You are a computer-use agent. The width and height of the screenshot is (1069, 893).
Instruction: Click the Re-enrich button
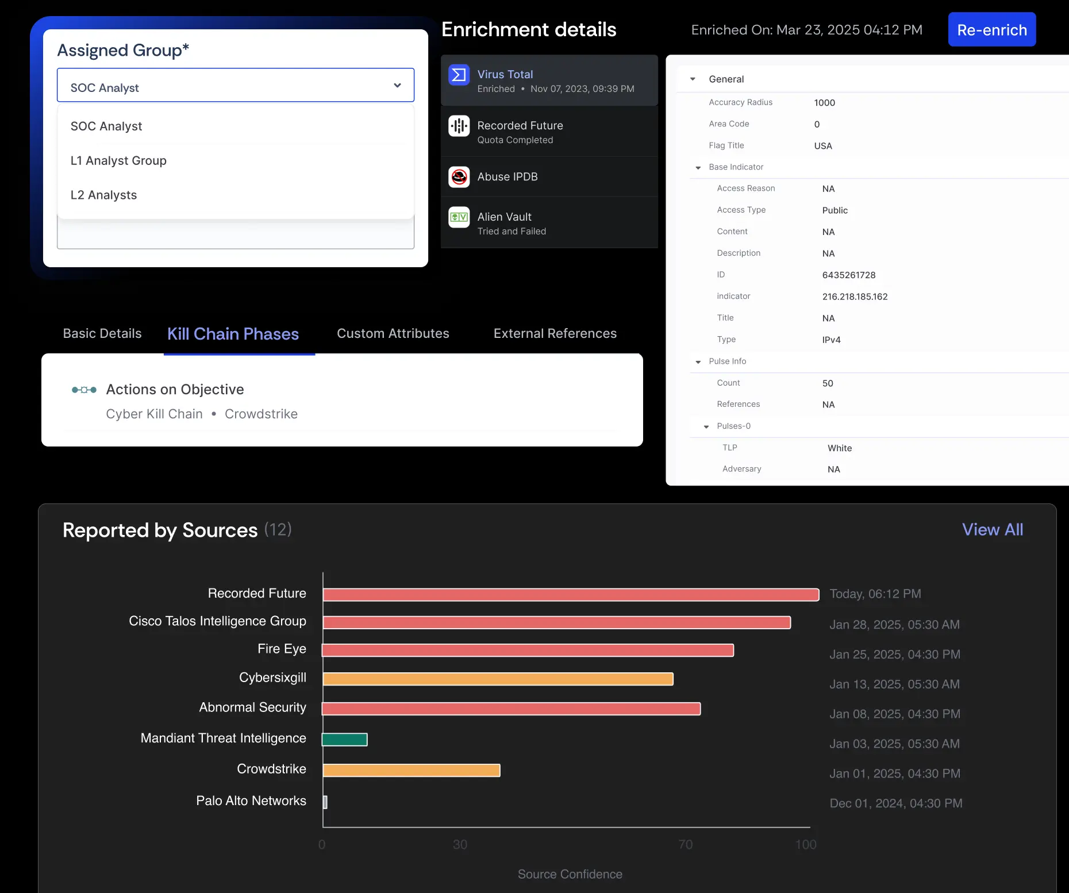pyautogui.click(x=991, y=30)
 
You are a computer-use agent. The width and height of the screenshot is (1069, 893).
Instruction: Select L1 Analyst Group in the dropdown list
pyautogui.click(x=118, y=161)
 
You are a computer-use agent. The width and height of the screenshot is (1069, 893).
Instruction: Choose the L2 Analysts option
pyautogui.click(x=103, y=195)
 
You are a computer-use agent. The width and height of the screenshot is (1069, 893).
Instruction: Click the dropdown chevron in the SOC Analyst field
pyautogui.click(x=397, y=86)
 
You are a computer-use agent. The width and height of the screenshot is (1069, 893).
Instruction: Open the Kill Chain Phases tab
pyautogui.click(x=233, y=334)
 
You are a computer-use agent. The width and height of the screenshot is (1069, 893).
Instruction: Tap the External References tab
pyautogui.click(x=555, y=333)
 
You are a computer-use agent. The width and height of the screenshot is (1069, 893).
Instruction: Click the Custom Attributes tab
pyautogui.click(x=393, y=333)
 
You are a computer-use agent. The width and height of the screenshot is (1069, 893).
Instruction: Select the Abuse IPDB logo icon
pyautogui.click(x=459, y=177)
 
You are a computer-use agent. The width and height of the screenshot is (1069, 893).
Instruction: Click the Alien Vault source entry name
pyautogui.click(x=504, y=217)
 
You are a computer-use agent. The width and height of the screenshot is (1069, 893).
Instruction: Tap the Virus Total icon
pyautogui.click(x=459, y=75)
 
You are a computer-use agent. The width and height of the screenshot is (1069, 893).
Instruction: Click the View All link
pyautogui.click(x=992, y=530)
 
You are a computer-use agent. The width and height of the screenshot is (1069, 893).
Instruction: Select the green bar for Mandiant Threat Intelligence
pyautogui.click(x=344, y=740)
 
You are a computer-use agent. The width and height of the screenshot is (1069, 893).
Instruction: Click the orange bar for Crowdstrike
pyautogui.click(x=411, y=770)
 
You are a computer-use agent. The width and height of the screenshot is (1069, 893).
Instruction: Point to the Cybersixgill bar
pyautogui.click(x=498, y=679)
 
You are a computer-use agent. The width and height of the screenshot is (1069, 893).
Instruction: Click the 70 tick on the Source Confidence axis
pyautogui.click(x=685, y=844)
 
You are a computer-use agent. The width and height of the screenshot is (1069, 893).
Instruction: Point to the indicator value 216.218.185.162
pyautogui.click(x=855, y=297)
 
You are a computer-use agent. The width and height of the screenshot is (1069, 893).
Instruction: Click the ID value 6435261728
pyautogui.click(x=848, y=275)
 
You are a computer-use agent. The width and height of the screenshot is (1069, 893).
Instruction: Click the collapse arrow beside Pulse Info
pyautogui.click(x=698, y=362)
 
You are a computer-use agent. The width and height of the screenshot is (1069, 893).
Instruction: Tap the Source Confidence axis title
pyautogui.click(x=570, y=874)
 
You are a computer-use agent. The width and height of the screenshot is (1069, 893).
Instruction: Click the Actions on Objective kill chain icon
pyautogui.click(x=84, y=390)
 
